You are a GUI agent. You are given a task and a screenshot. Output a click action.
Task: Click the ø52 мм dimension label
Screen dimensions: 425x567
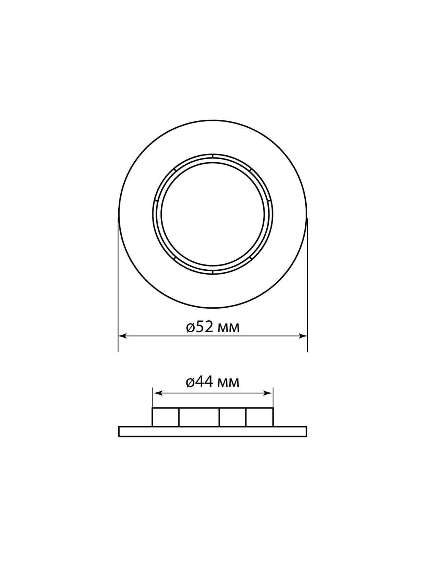point(212,328)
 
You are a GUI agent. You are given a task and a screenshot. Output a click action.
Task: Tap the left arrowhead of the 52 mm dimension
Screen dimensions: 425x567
point(122,336)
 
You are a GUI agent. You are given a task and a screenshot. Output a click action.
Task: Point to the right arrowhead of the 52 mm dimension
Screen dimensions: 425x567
point(303,336)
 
